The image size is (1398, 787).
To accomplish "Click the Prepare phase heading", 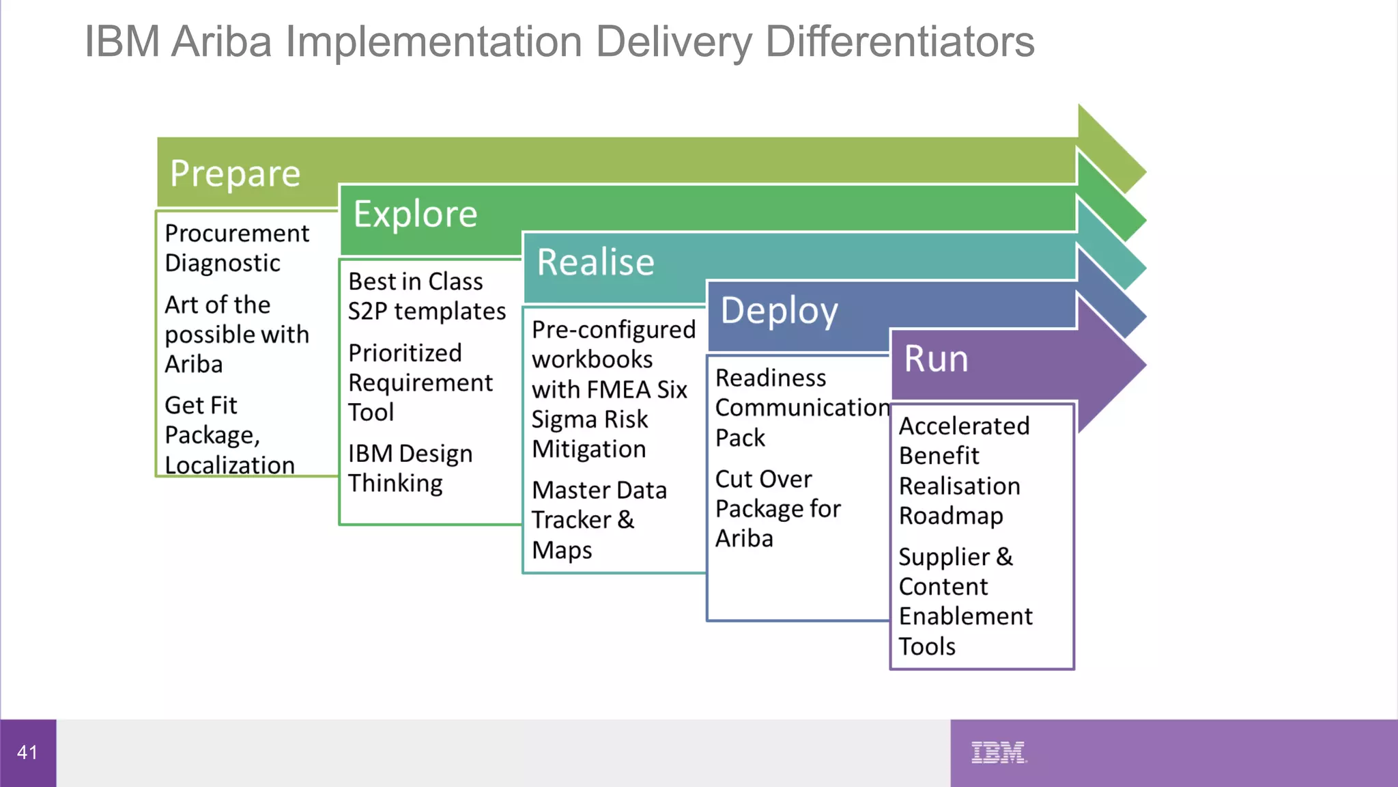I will (x=235, y=174).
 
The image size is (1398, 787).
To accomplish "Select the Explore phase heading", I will (x=415, y=215).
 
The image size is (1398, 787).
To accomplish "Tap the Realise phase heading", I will (x=595, y=262).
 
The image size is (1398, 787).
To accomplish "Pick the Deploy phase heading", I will (x=779, y=311).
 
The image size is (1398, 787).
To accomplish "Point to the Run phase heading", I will (x=936, y=359).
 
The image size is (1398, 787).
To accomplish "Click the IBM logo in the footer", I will (x=998, y=752).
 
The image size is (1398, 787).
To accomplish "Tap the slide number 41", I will (x=27, y=752).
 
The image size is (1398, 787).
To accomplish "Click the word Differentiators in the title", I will (x=899, y=42).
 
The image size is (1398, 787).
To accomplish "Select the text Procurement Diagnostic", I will (x=236, y=248).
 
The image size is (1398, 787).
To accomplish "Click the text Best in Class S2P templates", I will (x=427, y=296).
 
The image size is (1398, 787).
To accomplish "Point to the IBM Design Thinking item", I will (x=410, y=468).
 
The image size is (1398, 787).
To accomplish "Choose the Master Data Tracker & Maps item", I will (x=599, y=519).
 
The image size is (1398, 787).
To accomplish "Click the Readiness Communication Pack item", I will (x=801, y=407).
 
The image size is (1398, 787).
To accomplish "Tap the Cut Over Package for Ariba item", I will (x=778, y=508).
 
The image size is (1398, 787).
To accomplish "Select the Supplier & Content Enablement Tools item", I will (x=965, y=601).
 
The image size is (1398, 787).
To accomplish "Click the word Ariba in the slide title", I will (x=221, y=42).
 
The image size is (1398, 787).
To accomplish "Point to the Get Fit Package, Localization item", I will (x=229, y=435).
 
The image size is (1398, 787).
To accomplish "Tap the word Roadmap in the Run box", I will (x=951, y=516).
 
